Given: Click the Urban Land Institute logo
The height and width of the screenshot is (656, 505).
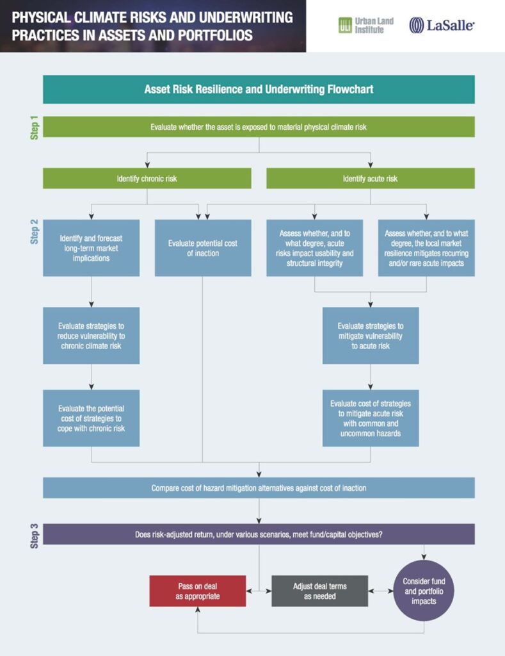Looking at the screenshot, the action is pos(366,25).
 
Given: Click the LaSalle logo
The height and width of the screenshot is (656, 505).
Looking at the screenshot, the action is pos(442,25).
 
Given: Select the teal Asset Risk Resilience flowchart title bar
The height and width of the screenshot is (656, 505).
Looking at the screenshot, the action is pos(259,89).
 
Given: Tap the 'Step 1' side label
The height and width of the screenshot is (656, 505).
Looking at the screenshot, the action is pos(35,127).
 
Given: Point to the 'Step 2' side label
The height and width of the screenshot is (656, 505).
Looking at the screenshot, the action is pos(35,231).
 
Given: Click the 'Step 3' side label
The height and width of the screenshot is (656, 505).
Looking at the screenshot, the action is pos(35,536).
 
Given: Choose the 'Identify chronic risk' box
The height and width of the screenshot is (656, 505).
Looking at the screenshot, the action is pos(147,178).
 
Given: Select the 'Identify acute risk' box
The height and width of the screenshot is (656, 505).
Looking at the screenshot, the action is pos(371,178).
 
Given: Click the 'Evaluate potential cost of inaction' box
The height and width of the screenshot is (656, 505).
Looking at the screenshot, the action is pos(203,248).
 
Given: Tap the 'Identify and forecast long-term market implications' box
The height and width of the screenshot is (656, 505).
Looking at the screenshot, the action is pos(91,248).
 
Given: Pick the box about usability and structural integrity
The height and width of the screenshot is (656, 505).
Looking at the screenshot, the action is pos(314,248).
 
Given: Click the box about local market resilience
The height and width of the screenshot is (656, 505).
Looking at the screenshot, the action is pos(426,248).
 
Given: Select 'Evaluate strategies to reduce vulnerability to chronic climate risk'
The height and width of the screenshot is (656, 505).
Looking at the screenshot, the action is pos(91,336).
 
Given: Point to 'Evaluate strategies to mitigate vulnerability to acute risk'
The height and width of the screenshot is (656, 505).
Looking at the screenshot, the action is pos(371,336).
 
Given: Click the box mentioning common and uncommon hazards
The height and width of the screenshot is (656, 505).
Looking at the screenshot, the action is pos(371,418).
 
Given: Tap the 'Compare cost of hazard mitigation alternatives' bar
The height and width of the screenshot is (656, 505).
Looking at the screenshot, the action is pos(259,488).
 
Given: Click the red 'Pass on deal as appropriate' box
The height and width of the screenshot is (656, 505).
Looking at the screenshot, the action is pos(198,591).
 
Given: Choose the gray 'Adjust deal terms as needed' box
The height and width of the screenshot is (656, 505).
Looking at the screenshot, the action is pos(320,591).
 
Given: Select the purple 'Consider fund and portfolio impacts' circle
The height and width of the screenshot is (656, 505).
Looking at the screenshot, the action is pos(424,591).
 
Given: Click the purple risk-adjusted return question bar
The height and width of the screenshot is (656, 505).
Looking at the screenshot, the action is pos(259,534).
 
